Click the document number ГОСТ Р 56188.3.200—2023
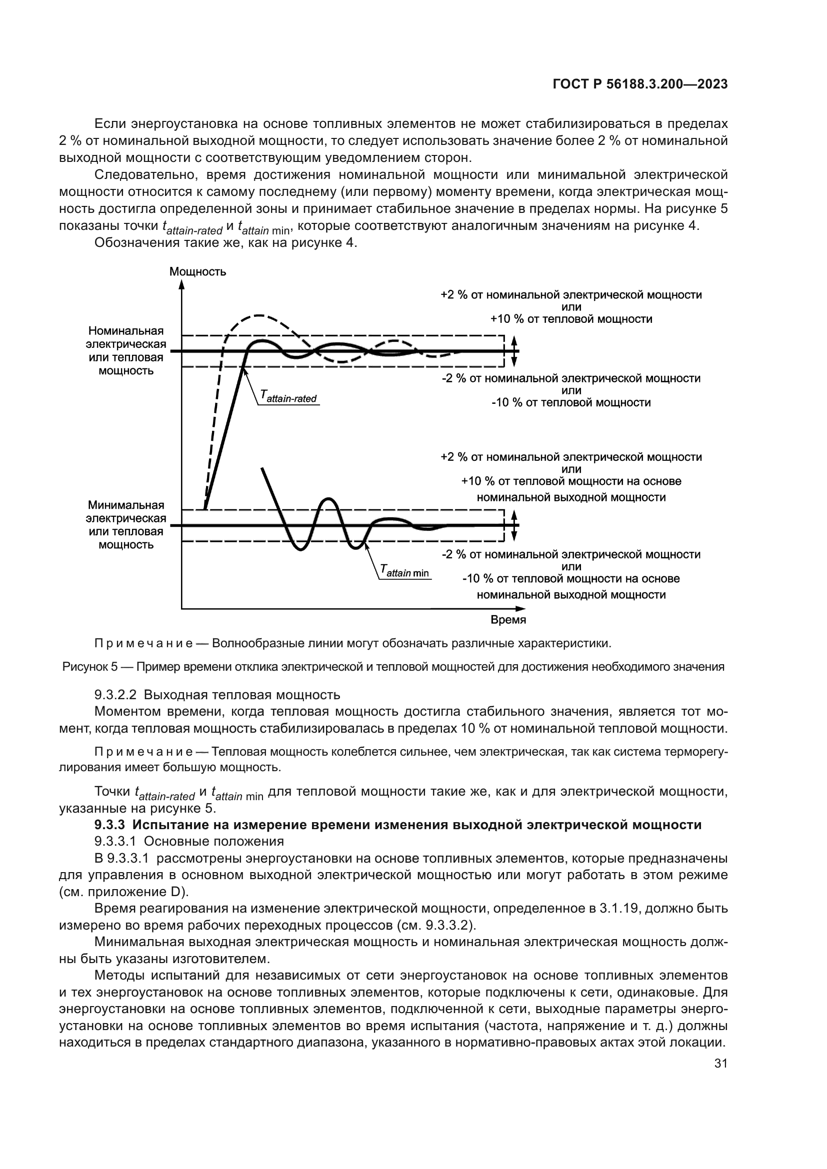tap(639, 84)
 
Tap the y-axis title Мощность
tap(197, 271)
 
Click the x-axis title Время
tap(508, 620)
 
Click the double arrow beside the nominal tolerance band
tap(514, 351)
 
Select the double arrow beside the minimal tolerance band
tap(514, 525)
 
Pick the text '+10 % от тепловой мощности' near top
tap(571, 319)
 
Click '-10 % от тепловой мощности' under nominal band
tap(571, 403)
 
